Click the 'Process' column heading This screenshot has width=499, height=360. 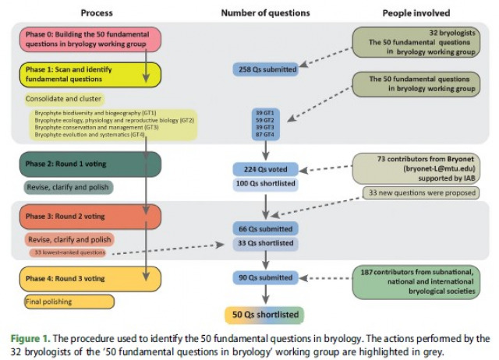96,12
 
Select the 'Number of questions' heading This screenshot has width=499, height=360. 265,12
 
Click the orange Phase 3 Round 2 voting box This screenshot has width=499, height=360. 74,217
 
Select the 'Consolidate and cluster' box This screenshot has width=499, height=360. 63,100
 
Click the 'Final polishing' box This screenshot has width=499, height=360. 69,301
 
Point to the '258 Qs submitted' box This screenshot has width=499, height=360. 266,69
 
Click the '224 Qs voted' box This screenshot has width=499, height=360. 266,169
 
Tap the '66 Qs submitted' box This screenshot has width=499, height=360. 266,229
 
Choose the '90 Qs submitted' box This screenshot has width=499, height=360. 266,277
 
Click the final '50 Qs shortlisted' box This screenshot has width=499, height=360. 266,315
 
